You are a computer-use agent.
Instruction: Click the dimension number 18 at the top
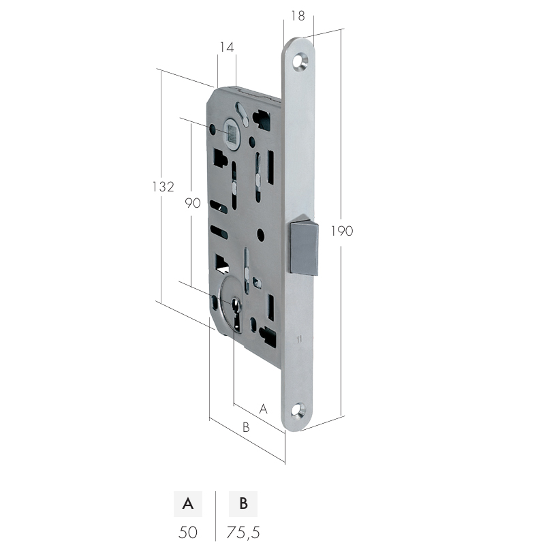coord(298,16)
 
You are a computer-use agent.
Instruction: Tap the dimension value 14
coord(227,47)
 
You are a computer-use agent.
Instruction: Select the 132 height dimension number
coord(163,187)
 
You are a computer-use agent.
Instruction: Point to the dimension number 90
coord(193,203)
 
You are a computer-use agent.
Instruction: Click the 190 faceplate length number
coord(342,231)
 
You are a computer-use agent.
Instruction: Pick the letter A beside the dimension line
coord(264,409)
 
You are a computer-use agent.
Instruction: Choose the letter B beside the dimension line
coord(246,427)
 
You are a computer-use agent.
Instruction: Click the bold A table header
coord(188,503)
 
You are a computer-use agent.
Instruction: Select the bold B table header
coord(243,503)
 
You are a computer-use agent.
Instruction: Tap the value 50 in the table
coord(188,532)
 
